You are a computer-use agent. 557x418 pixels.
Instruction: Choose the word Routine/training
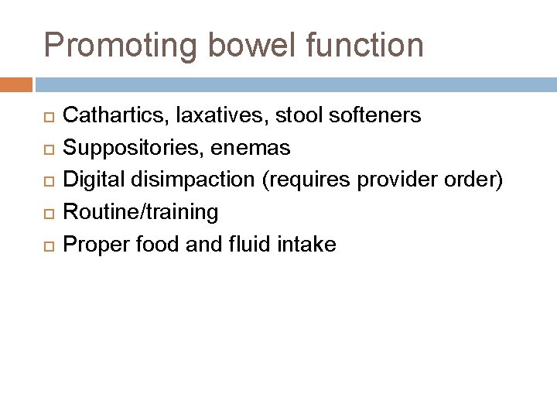coord(140,211)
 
